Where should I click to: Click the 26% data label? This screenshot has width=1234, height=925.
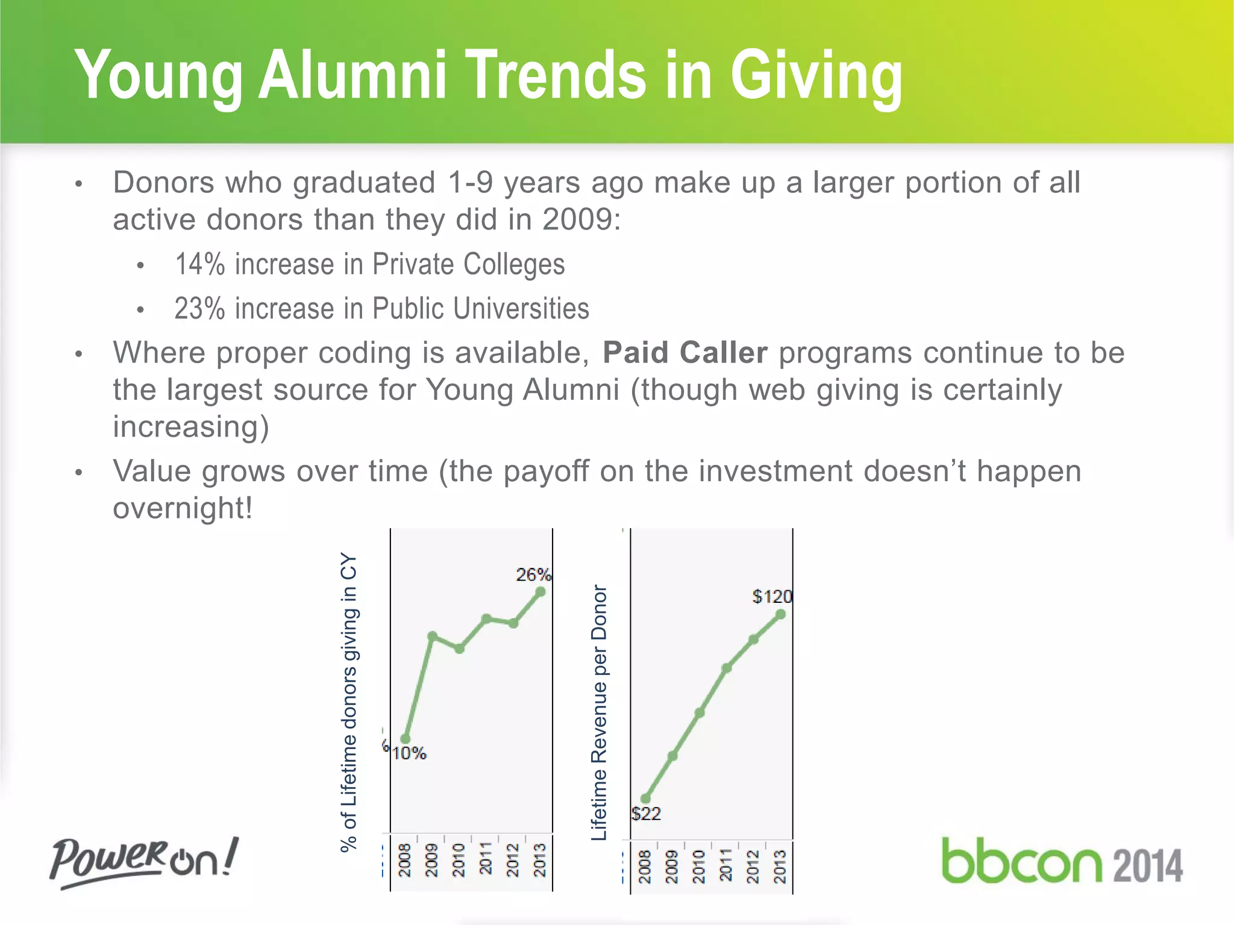pyautogui.click(x=533, y=575)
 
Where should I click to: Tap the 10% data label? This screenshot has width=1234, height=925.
pyautogui.click(x=410, y=753)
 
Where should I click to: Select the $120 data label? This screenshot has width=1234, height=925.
pyautogui.click(x=772, y=597)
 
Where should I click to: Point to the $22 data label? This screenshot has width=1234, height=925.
pyautogui.click(x=647, y=814)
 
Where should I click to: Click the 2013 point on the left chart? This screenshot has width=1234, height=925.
pyautogui.click(x=540, y=592)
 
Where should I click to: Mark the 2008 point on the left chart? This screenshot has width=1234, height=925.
pyautogui.click(x=406, y=739)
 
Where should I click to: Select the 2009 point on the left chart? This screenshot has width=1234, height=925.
pyautogui.click(x=433, y=636)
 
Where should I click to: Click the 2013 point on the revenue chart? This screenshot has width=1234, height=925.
pyautogui.click(x=781, y=614)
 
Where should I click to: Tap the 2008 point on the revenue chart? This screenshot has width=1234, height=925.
pyautogui.click(x=646, y=799)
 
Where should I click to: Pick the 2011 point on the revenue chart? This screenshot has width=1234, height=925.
pyautogui.click(x=727, y=668)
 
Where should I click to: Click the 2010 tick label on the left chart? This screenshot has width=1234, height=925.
pyautogui.click(x=459, y=860)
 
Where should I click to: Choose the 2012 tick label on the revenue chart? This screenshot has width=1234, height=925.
pyautogui.click(x=753, y=867)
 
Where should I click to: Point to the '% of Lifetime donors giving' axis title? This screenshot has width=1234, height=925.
pyautogui.click(x=349, y=702)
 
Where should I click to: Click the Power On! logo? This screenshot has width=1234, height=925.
pyautogui.click(x=143, y=861)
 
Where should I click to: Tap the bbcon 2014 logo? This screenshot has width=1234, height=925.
pyautogui.click(x=1062, y=862)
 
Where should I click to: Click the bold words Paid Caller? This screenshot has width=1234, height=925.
pyautogui.click(x=685, y=353)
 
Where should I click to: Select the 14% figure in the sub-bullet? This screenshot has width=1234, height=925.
pyautogui.click(x=199, y=264)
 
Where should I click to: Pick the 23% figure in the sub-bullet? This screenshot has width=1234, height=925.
pyautogui.click(x=199, y=309)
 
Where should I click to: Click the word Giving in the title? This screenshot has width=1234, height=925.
pyautogui.click(x=816, y=76)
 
